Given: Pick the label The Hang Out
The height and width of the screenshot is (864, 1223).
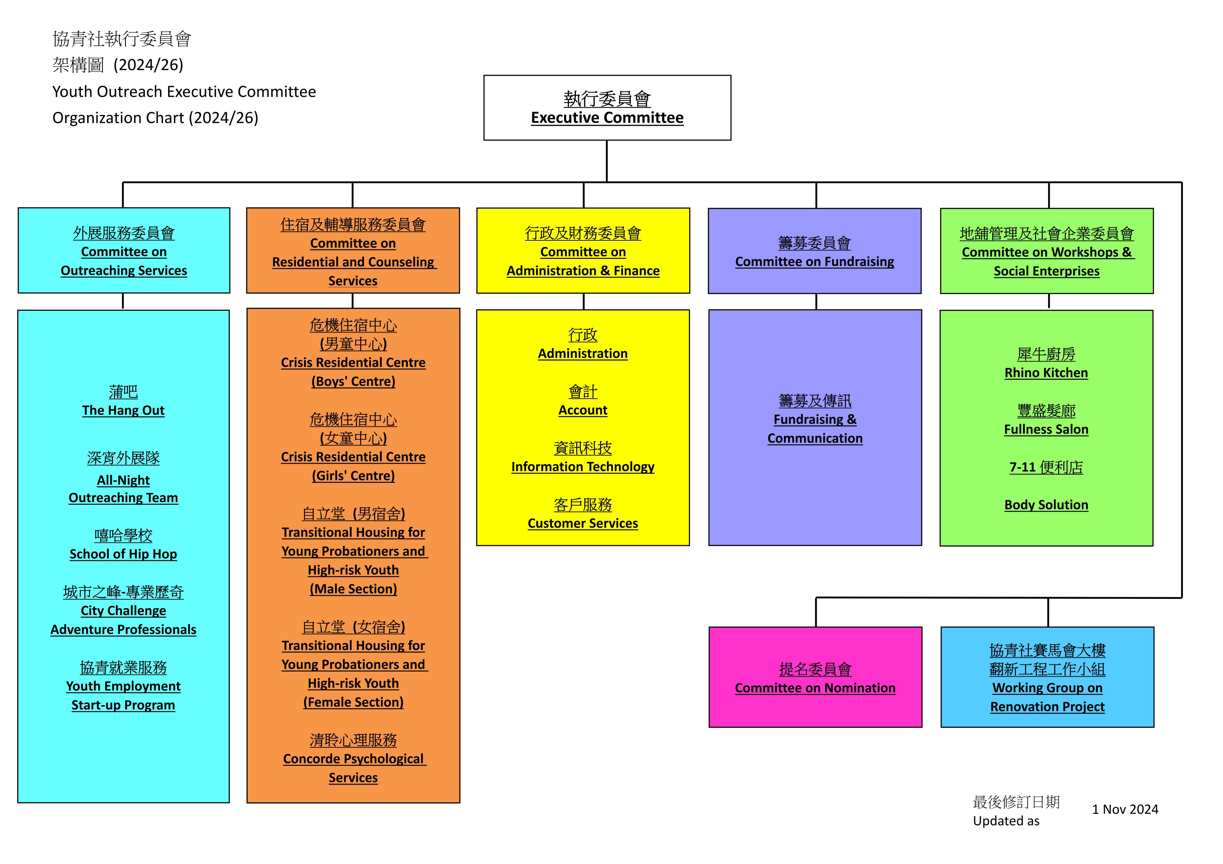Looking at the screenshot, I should (x=123, y=410).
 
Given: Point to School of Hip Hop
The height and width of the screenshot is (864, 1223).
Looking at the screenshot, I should (x=123, y=554).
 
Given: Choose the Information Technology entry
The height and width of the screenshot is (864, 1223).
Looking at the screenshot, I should (x=583, y=467).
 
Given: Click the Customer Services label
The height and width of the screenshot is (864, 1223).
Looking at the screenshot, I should (x=583, y=523).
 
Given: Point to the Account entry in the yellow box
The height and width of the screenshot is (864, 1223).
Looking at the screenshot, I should (x=583, y=410).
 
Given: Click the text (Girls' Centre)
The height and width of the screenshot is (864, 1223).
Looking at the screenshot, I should (x=353, y=476).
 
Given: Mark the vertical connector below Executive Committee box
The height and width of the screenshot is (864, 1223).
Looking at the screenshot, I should (x=607, y=161).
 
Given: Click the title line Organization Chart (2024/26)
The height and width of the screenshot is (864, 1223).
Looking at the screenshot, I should (x=155, y=118).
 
